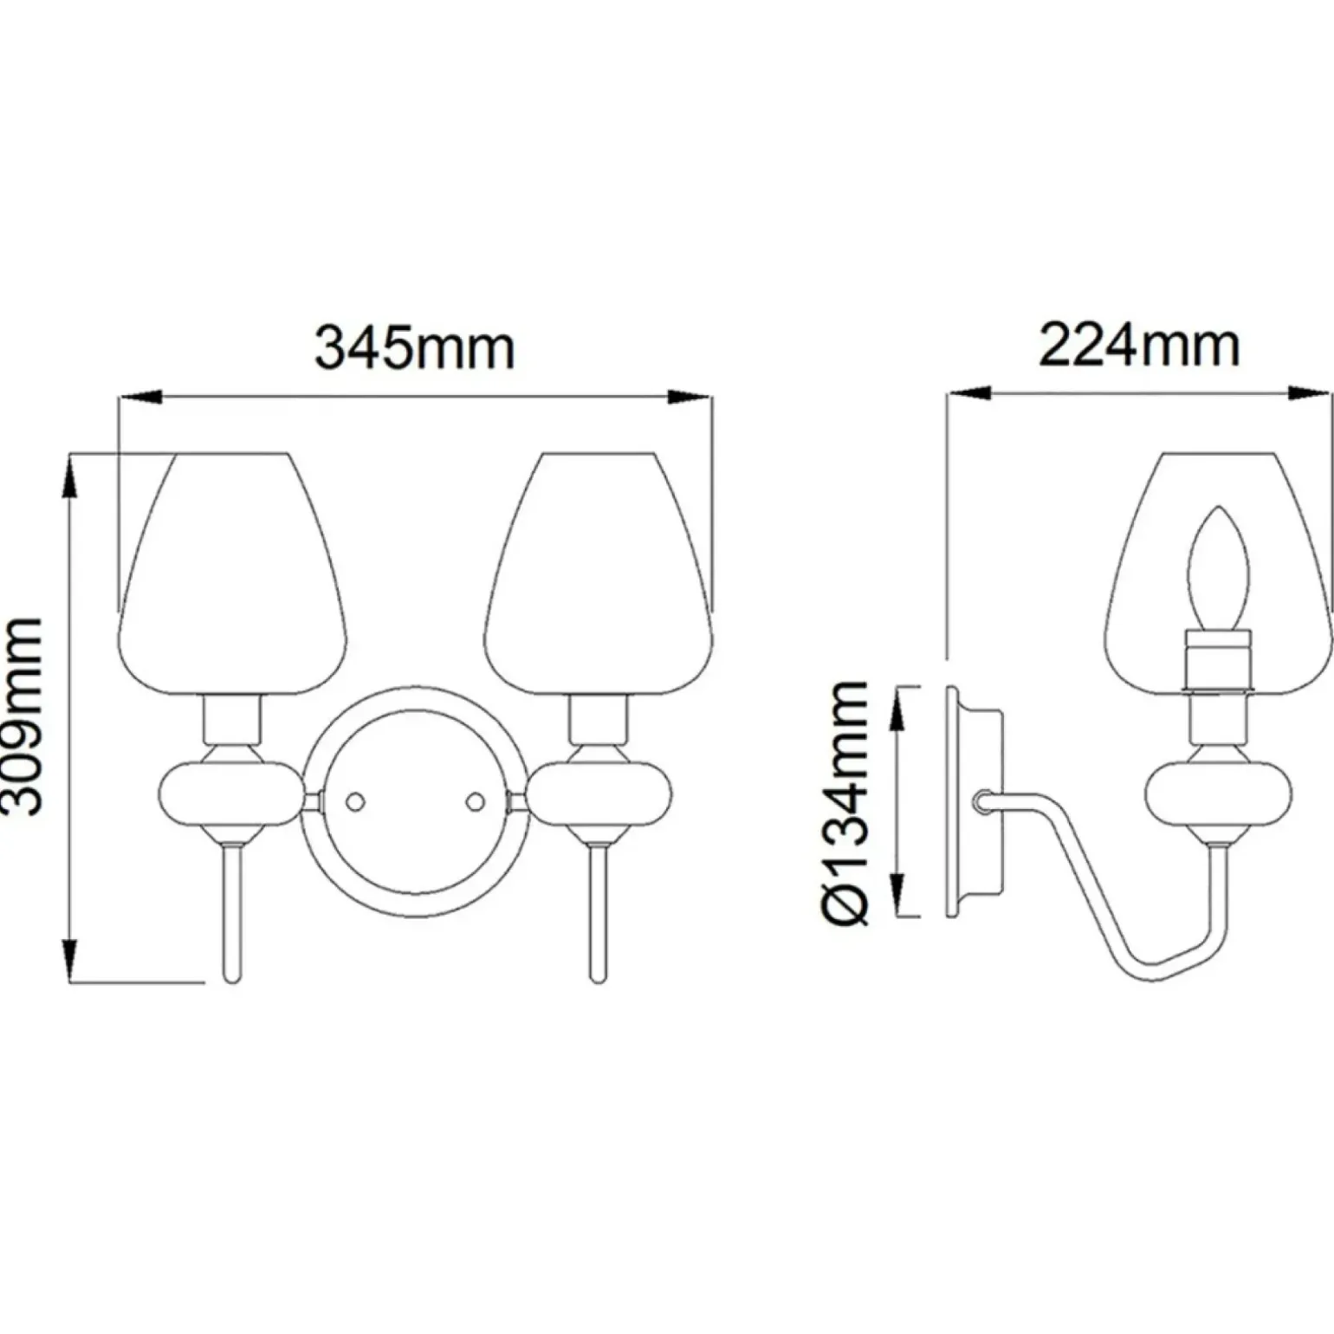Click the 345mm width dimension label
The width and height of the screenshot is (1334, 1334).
414,348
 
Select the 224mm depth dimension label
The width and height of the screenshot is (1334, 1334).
1139,346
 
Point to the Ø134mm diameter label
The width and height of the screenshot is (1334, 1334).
845,804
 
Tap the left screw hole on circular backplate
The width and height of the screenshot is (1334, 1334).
354,802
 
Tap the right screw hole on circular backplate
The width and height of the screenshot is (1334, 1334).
475,802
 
